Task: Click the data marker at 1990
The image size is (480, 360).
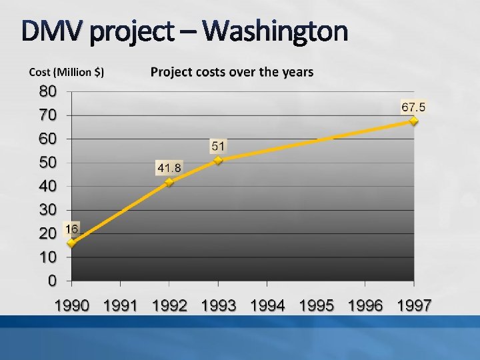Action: click(71, 243)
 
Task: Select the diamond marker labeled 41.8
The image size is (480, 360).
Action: click(169, 182)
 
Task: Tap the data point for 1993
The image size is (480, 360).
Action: click(218, 160)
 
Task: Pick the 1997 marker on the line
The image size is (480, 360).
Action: click(413, 121)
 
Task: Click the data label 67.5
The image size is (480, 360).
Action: click(413, 107)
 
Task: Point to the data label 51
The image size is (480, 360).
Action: click(218, 145)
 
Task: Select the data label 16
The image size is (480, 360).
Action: click(71, 229)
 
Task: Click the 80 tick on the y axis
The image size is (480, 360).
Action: click(47, 91)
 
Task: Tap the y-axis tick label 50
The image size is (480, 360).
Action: click(47, 162)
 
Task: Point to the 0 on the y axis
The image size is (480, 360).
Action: click(52, 281)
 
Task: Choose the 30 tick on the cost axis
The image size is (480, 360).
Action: click(47, 210)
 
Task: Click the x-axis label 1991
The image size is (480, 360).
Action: click(120, 306)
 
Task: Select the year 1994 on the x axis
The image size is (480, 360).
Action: click(267, 306)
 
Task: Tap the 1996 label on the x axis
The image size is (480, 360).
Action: click(365, 306)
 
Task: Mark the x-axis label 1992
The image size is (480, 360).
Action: click(169, 306)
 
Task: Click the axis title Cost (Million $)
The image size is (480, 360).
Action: click(66, 72)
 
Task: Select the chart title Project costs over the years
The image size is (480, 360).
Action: click(231, 72)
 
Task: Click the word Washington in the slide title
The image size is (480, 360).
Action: click(275, 31)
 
